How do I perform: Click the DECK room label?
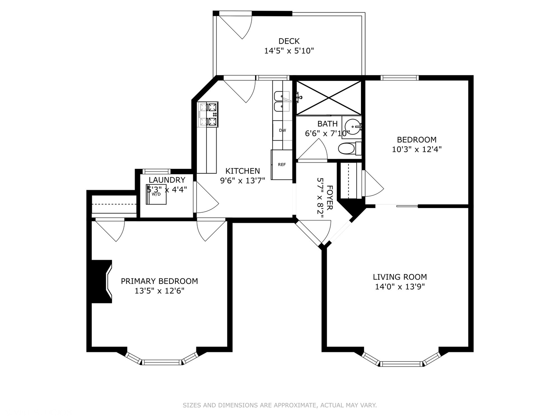point(289,41)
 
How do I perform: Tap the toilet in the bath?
point(350,148)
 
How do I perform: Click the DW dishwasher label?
point(282,130)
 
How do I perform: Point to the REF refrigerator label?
point(282,164)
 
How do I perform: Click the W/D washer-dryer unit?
point(156,194)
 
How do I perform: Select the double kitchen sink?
point(282,101)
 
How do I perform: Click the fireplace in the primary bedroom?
point(101,282)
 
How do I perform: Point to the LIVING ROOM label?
point(400,277)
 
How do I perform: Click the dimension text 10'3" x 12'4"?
point(416,149)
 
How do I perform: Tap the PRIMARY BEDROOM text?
point(159,281)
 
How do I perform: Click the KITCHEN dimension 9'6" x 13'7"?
point(243,180)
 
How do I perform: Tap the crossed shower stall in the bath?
point(329,98)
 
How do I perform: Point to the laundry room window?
point(156,171)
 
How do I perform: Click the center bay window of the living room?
point(401,364)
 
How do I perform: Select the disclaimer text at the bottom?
point(280,405)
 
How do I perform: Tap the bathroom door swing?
point(313,150)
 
